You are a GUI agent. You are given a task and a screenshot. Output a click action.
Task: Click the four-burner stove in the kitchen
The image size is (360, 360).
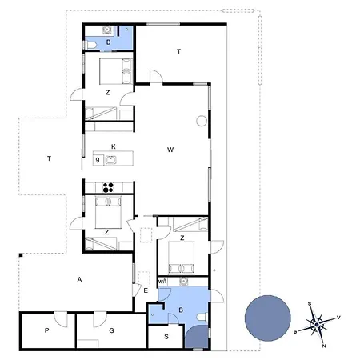click(x=108, y=187)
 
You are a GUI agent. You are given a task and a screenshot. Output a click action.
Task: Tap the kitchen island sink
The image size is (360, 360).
click(x=110, y=160)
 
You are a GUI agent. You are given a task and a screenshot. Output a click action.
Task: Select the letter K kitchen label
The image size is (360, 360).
click(x=114, y=146)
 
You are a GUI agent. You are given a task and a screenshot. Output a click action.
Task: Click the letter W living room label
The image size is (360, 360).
click(x=170, y=150)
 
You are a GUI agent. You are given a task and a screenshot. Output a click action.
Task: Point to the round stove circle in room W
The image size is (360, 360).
click(x=202, y=121)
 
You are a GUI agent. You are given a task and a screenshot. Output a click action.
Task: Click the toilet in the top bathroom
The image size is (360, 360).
click(x=91, y=45)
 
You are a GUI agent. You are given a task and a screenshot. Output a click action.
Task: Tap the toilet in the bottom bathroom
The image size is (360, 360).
click(x=202, y=318)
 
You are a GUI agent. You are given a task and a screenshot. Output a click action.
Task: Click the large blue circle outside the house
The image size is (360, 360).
click(x=268, y=318)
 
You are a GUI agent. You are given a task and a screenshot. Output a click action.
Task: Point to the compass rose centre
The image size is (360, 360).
click(x=317, y=325)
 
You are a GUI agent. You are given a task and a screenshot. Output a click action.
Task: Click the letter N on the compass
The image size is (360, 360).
click(x=324, y=346)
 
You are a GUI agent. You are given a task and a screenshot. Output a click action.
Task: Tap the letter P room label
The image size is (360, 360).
click(x=46, y=330)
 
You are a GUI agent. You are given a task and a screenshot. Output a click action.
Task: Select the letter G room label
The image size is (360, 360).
click(x=111, y=330)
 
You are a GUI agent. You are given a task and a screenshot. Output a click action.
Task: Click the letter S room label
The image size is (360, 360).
click(x=166, y=337)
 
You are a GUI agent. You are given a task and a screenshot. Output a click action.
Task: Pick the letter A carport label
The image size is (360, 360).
click(x=79, y=279)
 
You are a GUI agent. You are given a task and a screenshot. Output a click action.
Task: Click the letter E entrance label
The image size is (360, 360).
click(x=146, y=290)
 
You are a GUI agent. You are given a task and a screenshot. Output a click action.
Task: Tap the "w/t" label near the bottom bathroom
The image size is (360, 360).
click(x=162, y=282)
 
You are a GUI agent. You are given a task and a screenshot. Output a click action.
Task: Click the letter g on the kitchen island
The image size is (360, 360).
click(x=98, y=160)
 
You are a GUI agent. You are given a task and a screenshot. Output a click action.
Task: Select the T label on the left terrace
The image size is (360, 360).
click(x=49, y=158)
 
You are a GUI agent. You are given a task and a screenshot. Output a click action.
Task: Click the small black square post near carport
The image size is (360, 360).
click(x=21, y=255)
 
